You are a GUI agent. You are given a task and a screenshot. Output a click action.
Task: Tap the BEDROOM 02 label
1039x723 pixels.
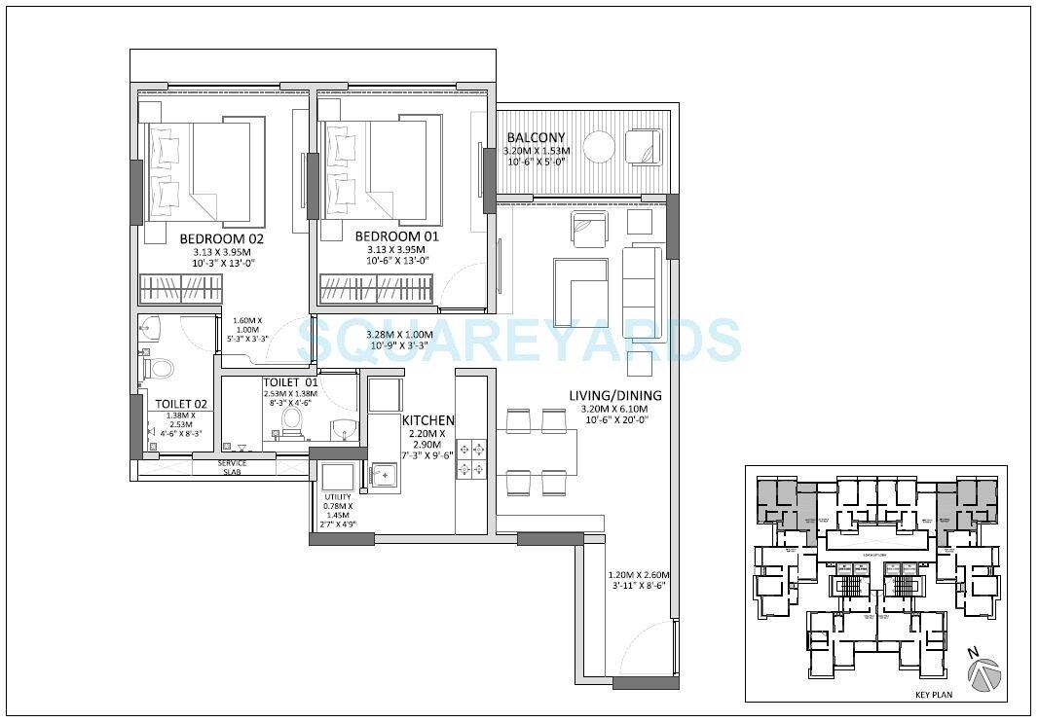[x=222, y=237]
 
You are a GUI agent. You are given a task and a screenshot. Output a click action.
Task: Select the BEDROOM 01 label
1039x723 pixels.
[x=397, y=236]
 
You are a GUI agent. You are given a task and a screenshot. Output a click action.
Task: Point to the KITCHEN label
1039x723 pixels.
[x=428, y=420]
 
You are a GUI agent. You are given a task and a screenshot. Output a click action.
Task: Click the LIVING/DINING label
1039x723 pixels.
[x=615, y=395]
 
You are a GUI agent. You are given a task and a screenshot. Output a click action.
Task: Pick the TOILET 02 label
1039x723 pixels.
[x=181, y=404]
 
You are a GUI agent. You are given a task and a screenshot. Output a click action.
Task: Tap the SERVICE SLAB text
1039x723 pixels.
[x=232, y=467]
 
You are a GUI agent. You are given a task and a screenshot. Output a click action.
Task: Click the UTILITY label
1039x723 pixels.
[x=338, y=497]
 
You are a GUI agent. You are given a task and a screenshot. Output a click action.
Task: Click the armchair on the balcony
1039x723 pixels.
[x=644, y=147]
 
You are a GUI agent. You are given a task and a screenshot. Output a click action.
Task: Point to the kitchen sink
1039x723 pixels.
[x=384, y=475]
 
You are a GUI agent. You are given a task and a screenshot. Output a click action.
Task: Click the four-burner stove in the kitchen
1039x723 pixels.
[x=471, y=459]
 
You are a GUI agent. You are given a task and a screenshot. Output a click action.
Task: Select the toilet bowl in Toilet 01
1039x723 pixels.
[x=290, y=419]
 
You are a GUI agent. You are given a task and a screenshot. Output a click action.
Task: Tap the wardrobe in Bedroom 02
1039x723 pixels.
[x=180, y=288]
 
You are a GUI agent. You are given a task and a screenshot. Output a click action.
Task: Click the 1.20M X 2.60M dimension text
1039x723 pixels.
[x=639, y=580]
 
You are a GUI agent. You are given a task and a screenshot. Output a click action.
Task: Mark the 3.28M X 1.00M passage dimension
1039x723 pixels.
[x=398, y=340]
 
